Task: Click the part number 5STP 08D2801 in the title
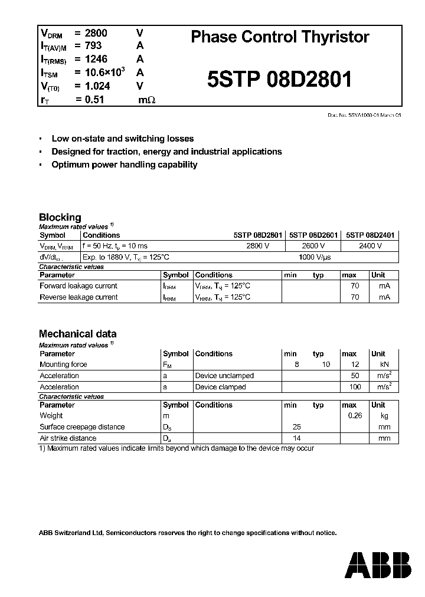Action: (280, 79)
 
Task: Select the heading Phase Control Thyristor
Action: (280, 37)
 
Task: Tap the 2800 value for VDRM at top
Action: (96, 33)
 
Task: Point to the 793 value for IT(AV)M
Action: (93, 45)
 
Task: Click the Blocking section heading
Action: (60, 217)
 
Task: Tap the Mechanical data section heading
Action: (77, 333)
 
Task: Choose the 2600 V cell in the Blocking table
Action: (313, 246)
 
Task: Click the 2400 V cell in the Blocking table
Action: (370, 246)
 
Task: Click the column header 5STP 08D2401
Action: (370, 235)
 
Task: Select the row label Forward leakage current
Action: (78, 286)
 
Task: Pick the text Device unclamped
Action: (224, 376)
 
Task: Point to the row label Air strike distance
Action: (68, 438)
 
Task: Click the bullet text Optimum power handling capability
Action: (124, 165)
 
